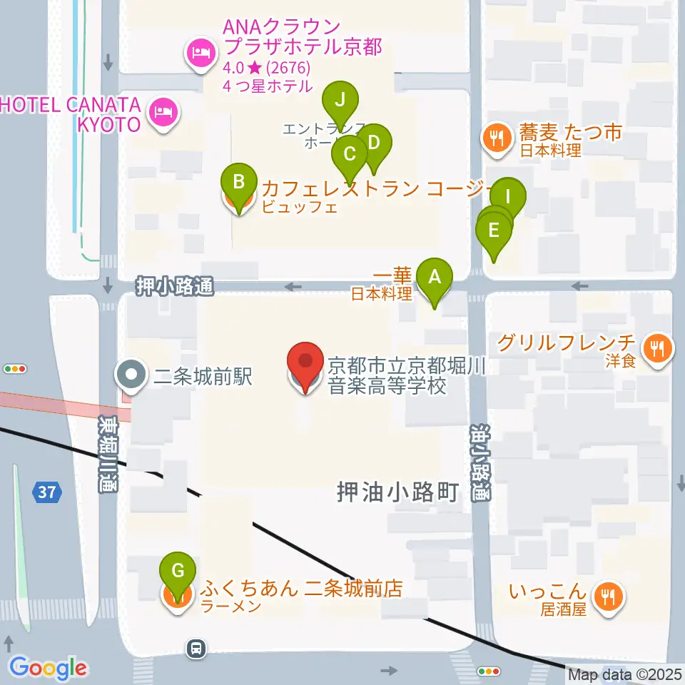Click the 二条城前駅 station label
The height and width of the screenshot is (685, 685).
tap(203, 377)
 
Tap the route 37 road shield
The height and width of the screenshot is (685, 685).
tap(47, 492)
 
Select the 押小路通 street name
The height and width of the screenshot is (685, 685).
tap(175, 287)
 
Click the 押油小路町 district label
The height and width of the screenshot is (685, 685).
tap(398, 492)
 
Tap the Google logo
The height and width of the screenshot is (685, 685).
tap(48, 668)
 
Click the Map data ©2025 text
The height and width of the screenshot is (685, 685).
tap(625, 674)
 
